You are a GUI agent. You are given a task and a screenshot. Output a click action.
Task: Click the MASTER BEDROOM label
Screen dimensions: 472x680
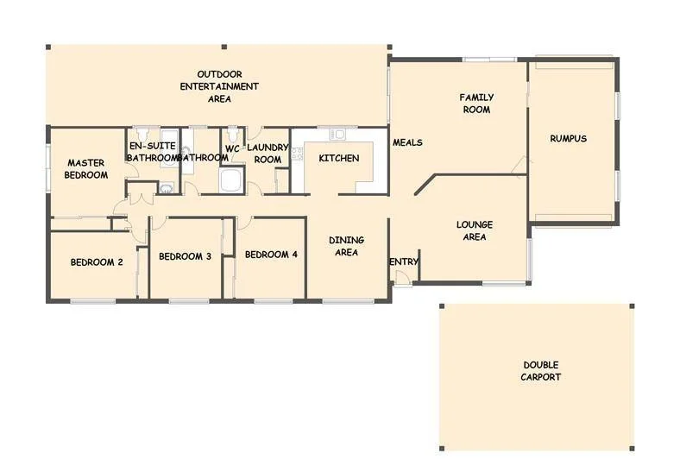click(87, 168)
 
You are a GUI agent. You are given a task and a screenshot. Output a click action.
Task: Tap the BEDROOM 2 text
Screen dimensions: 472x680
click(97, 262)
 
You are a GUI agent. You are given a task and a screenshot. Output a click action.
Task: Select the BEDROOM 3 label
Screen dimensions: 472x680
click(185, 256)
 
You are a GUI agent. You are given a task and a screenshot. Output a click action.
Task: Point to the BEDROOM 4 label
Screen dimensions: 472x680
click(271, 255)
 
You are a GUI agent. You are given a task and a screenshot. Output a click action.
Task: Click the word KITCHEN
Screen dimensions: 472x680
click(338, 159)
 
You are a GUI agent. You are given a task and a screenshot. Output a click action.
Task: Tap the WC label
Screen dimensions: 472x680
click(232, 148)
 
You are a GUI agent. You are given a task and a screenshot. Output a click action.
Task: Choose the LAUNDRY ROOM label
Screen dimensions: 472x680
click(268, 154)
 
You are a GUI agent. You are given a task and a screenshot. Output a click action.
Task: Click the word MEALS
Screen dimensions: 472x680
click(407, 142)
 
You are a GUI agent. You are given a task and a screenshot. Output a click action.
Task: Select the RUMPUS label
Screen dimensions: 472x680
click(568, 138)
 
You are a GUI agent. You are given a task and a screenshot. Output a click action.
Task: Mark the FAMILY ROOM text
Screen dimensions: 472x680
click(475, 104)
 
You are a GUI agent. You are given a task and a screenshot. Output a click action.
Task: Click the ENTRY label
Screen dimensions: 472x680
click(404, 262)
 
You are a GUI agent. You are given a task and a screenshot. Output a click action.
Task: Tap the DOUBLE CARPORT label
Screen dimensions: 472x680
click(540, 371)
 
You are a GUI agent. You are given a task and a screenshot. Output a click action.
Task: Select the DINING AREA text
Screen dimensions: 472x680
click(346, 246)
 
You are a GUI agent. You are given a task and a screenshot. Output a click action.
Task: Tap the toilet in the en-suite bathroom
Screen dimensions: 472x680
click(143, 135)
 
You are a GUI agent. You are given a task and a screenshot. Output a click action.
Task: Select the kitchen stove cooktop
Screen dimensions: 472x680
click(298, 154)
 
